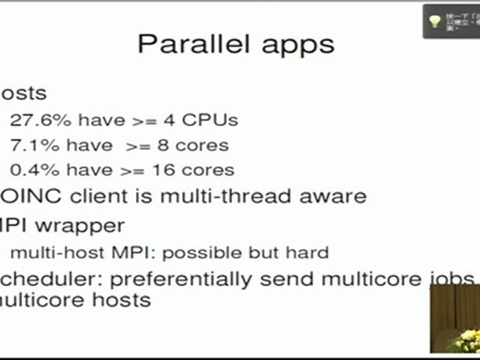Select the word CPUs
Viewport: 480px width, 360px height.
coord(209,120)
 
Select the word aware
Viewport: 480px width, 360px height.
coord(332,196)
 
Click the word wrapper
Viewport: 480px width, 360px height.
coord(79,225)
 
